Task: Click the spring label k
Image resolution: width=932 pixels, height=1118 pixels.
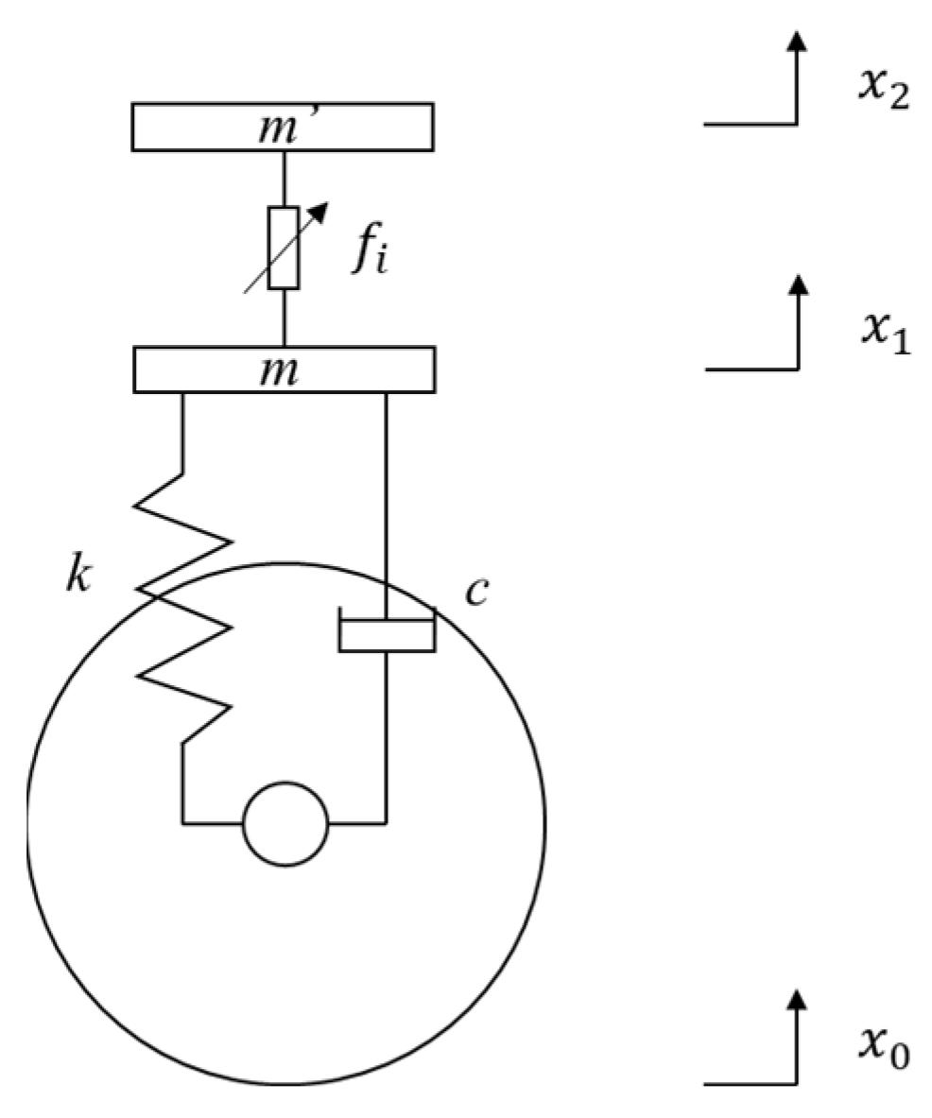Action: (78, 576)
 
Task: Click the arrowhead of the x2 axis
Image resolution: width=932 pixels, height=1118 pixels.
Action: (798, 40)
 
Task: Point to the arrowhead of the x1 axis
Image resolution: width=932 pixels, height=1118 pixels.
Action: (798, 284)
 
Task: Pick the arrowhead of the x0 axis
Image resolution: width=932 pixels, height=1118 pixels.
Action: (798, 999)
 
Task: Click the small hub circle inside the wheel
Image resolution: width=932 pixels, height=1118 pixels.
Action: (285, 823)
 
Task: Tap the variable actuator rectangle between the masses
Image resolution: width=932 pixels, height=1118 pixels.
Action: (284, 248)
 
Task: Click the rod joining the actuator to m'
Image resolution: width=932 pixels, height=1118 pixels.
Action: (284, 179)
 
